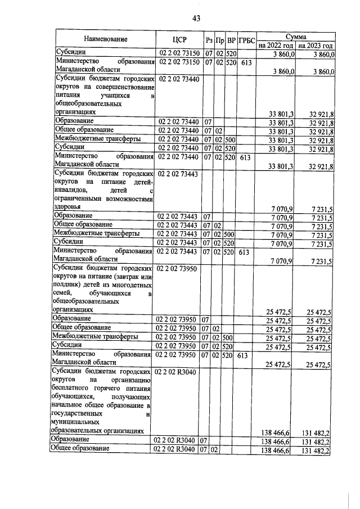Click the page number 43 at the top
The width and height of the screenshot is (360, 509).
(196, 19)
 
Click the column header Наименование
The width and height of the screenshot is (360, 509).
(106, 39)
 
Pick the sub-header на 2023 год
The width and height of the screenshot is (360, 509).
(316, 45)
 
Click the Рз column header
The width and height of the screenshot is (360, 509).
(209, 40)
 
